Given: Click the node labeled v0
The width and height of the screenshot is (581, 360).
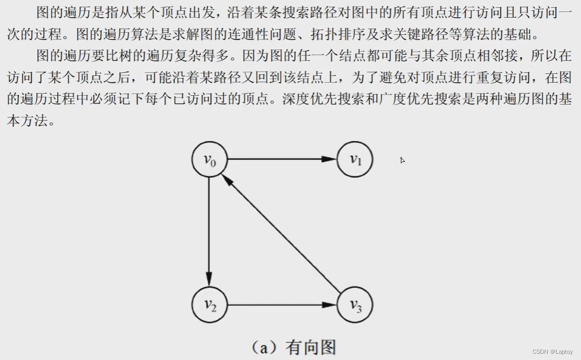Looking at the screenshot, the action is (x=209, y=159).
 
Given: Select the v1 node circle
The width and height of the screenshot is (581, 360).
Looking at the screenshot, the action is (x=355, y=159).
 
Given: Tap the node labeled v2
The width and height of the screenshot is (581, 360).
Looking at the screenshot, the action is (x=209, y=305).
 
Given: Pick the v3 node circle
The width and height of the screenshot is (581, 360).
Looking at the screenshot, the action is (x=355, y=305).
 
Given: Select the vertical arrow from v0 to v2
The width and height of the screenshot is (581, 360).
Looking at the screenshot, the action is (x=209, y=229).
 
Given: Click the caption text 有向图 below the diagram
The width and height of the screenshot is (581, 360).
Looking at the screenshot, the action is (x=311, y=347).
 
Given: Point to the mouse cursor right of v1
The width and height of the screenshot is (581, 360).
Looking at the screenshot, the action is (x=402, y=160).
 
